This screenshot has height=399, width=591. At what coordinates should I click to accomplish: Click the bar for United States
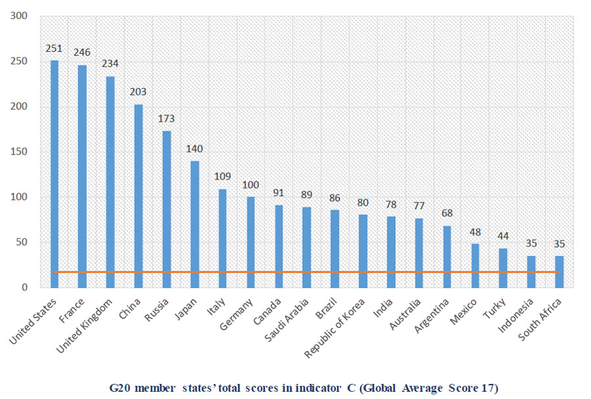(x=55, y=174)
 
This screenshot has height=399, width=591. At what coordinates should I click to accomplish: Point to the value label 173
(x=166, y=119)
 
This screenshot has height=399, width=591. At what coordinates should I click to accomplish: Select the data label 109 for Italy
(x=223, y=176)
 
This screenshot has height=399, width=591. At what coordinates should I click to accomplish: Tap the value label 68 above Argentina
(x=447, y=214)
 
